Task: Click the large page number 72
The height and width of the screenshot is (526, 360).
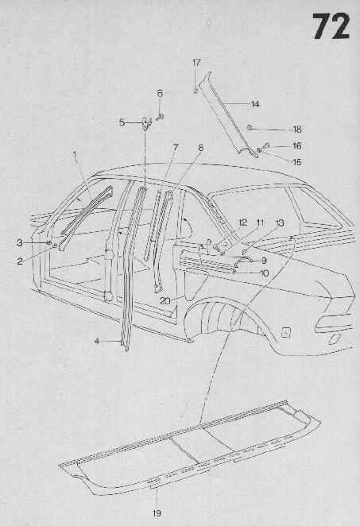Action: (331, 27)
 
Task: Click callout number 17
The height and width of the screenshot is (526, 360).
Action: (196, 63)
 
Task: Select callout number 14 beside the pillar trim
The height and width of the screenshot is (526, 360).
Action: (255, 104)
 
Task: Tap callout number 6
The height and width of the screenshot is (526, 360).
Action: (160, 93)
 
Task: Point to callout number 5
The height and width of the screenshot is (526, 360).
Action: (122, 122)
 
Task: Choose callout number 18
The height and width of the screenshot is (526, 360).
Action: (297, 130)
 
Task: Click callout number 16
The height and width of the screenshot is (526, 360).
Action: (297, 145)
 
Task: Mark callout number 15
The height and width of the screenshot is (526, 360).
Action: (297, 161)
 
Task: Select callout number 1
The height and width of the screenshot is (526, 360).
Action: (75, 155)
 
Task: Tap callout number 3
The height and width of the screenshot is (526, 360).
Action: (20, 242)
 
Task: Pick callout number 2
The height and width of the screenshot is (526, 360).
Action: (20, 261)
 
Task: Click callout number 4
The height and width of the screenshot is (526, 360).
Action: (97, 341)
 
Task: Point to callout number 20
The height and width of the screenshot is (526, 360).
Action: (165, 301)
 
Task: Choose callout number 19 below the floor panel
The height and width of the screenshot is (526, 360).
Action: (157, 512)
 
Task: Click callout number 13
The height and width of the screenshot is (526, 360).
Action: (280, 222)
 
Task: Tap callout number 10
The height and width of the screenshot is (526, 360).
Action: (265, 273)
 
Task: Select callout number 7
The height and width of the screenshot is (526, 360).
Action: (176, 147)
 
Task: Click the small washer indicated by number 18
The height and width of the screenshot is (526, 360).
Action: (250, 127)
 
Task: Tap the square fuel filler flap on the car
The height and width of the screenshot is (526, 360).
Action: (285, 332)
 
